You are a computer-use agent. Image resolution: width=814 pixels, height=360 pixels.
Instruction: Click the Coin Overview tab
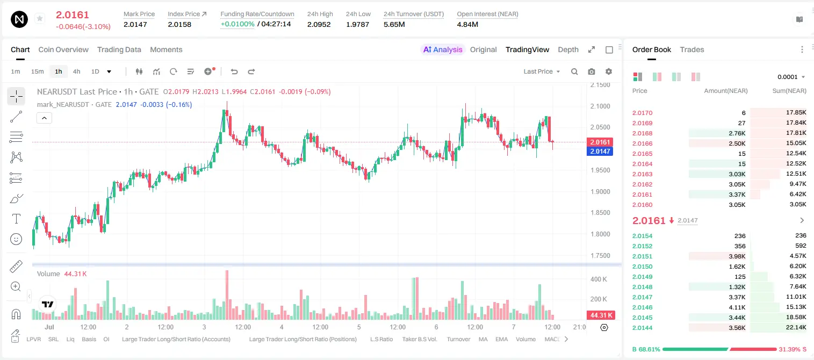63,49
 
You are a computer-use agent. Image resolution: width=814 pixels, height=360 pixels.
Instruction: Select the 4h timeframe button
76,71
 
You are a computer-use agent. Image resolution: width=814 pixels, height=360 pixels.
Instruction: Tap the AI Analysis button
443,49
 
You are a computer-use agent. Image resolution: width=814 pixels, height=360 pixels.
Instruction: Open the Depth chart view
568,49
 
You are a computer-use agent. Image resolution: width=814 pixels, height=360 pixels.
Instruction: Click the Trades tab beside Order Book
692,49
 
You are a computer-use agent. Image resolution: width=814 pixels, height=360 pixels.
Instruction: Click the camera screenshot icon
592,71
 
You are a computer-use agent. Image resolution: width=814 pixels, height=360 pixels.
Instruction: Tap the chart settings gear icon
609,71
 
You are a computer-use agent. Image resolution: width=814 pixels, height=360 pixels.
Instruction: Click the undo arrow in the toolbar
234,71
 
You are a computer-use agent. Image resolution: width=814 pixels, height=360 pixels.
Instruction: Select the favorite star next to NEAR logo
40,18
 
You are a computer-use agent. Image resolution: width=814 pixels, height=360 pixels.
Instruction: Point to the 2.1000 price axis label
600,106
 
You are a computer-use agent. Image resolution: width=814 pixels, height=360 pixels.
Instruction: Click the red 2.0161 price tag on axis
600,142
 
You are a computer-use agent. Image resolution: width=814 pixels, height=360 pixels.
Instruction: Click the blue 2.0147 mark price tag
600,151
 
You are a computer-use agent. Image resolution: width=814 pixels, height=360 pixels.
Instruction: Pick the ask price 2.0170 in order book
642,113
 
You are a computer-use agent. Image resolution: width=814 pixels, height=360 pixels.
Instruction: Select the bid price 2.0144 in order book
642,328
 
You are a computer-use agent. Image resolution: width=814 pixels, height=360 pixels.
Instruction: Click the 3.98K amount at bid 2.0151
737,256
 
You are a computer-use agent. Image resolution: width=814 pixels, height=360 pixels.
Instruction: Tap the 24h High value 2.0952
319,24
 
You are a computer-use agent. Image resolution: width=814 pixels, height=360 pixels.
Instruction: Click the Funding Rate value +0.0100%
237,24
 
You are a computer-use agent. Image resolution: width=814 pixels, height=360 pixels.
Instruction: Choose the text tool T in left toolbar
16,219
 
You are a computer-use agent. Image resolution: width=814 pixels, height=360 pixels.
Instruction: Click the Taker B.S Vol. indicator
419,339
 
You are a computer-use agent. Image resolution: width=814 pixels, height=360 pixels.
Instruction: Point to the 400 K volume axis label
599,279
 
